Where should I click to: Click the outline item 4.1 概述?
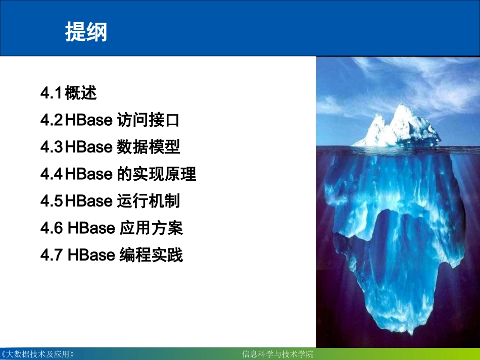[69, 93]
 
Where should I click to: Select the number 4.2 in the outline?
[52, 121]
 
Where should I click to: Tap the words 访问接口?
[148, 121]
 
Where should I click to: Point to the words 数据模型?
[148, 147]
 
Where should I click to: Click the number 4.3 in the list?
[52, 147]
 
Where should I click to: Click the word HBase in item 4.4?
[88, 175]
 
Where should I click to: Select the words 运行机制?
[148, 201]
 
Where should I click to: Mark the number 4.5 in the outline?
[52, 201]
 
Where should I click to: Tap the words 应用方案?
[151, 229]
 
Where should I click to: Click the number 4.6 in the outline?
[52, 229]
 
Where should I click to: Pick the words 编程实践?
[151, 255]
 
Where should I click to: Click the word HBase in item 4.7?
[91, 255]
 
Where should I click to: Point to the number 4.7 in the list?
[52, 255]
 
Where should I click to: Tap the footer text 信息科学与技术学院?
[278, 354]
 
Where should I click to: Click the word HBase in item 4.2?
[88, 121]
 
